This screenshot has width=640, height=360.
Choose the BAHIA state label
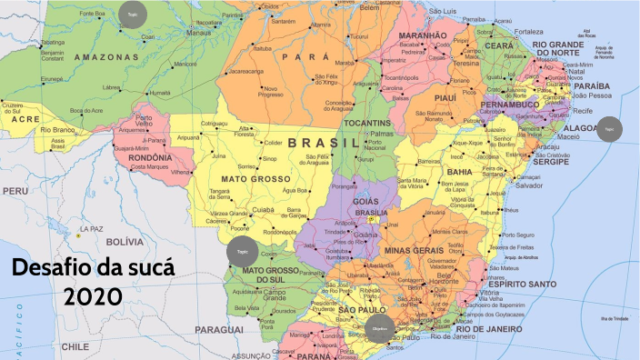459,171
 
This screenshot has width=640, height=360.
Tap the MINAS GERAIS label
411,249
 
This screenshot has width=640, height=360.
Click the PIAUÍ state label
445,97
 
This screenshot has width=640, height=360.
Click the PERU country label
14,192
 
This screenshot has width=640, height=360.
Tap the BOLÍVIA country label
125,242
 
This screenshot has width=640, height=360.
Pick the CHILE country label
75,346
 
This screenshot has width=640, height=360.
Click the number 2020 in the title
93,295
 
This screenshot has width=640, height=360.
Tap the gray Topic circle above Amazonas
131,15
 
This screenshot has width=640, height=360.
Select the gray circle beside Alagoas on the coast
609,129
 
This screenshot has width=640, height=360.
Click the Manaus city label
198,32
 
